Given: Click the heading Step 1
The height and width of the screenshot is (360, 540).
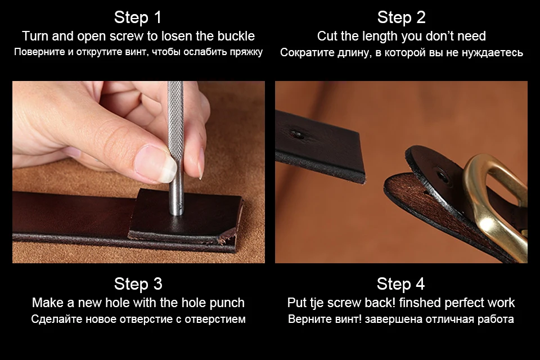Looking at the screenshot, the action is [x=138, y=17].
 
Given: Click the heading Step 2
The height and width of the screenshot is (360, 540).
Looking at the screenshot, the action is [x=401, y=17].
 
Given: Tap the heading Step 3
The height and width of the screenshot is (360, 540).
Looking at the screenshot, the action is [x=138, y=284].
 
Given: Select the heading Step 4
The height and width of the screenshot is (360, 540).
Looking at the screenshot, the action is [x=400, y=284].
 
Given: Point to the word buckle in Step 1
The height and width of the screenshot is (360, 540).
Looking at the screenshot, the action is [x=237, y=36].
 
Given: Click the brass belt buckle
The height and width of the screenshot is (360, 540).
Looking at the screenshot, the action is [x=496, y=203].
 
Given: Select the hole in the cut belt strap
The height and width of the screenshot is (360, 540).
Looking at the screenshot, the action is [x=297, y=134].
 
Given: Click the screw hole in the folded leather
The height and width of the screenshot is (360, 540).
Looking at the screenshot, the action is [x=441, y=177].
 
